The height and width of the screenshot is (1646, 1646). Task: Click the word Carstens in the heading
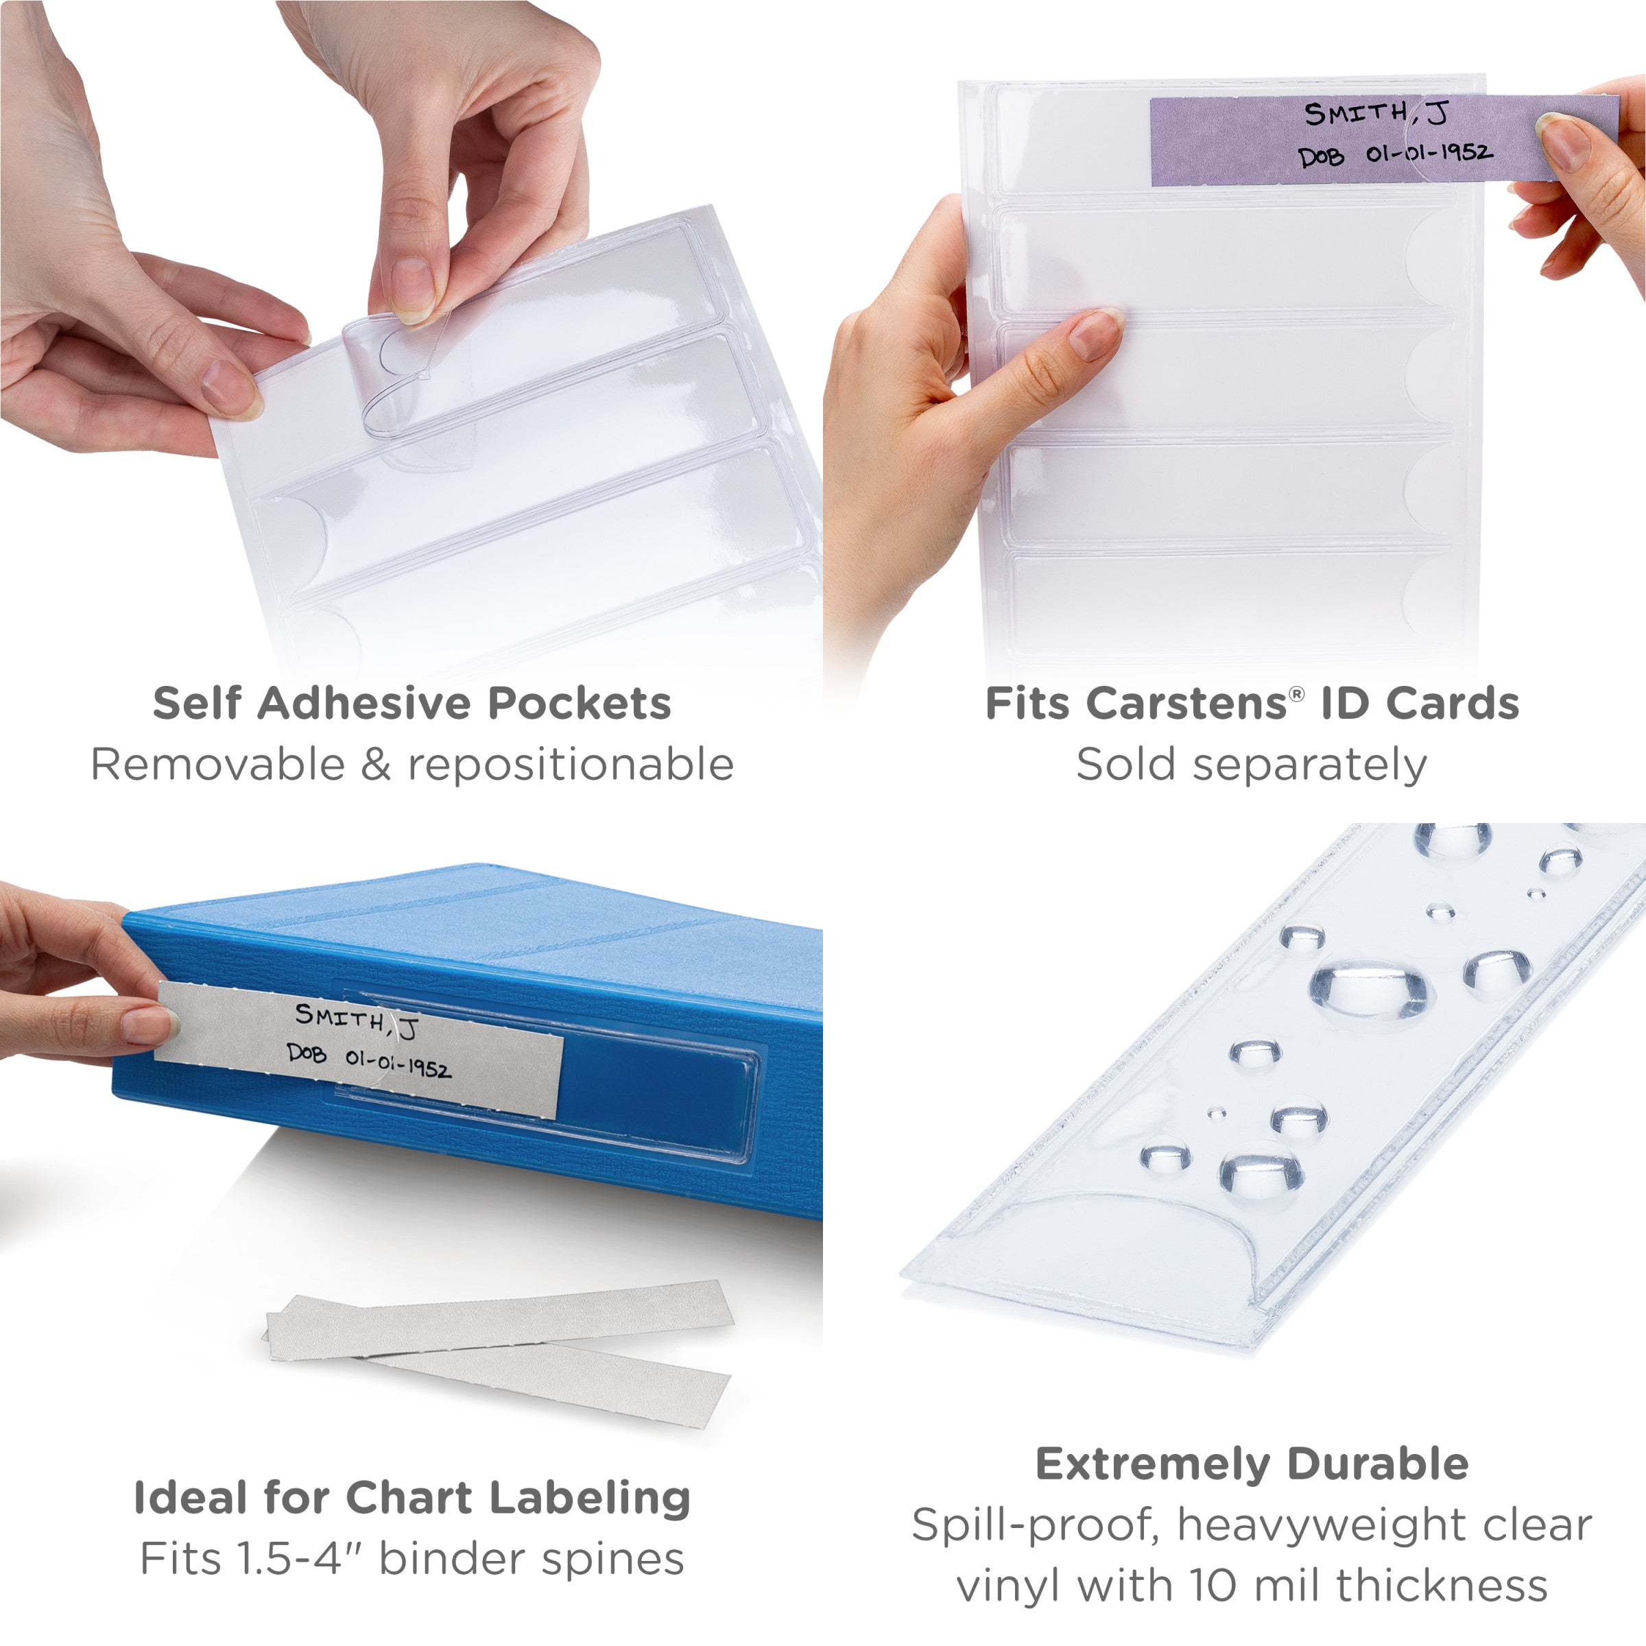point(1185,704)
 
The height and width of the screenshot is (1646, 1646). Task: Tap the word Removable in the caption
point(217,764)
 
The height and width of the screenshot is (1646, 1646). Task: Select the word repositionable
point(571,764)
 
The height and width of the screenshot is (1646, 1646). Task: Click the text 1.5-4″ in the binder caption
point(296,1559)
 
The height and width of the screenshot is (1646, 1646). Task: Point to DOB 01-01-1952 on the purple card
point(1395,154)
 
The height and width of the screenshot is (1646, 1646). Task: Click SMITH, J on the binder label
point(356,1020)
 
